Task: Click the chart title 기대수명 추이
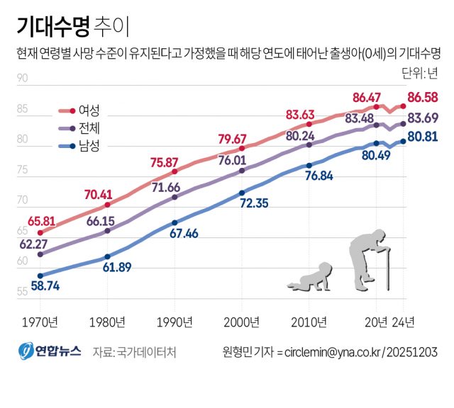[73, 26]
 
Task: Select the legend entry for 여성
[89, 110]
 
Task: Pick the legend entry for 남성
[89, 147]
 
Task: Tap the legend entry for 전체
[89, 128]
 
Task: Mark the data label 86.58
[423, 97]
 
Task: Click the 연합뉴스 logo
[50, 352]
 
